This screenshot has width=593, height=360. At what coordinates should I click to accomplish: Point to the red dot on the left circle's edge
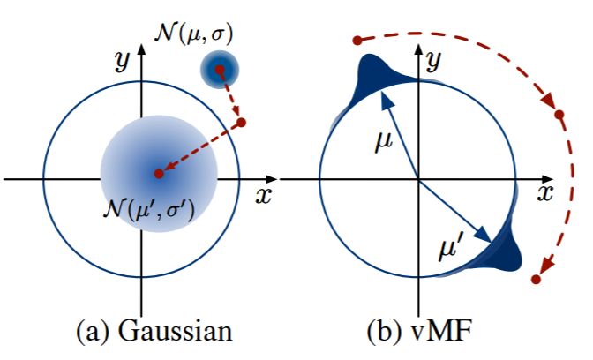[x=243, y=122]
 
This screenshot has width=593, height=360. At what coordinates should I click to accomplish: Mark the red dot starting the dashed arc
[x=357, y=40]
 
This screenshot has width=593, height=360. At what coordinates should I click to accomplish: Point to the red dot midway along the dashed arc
[x=558, y=115]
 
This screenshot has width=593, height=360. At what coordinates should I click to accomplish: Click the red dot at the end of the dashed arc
[x=536, y=280]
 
